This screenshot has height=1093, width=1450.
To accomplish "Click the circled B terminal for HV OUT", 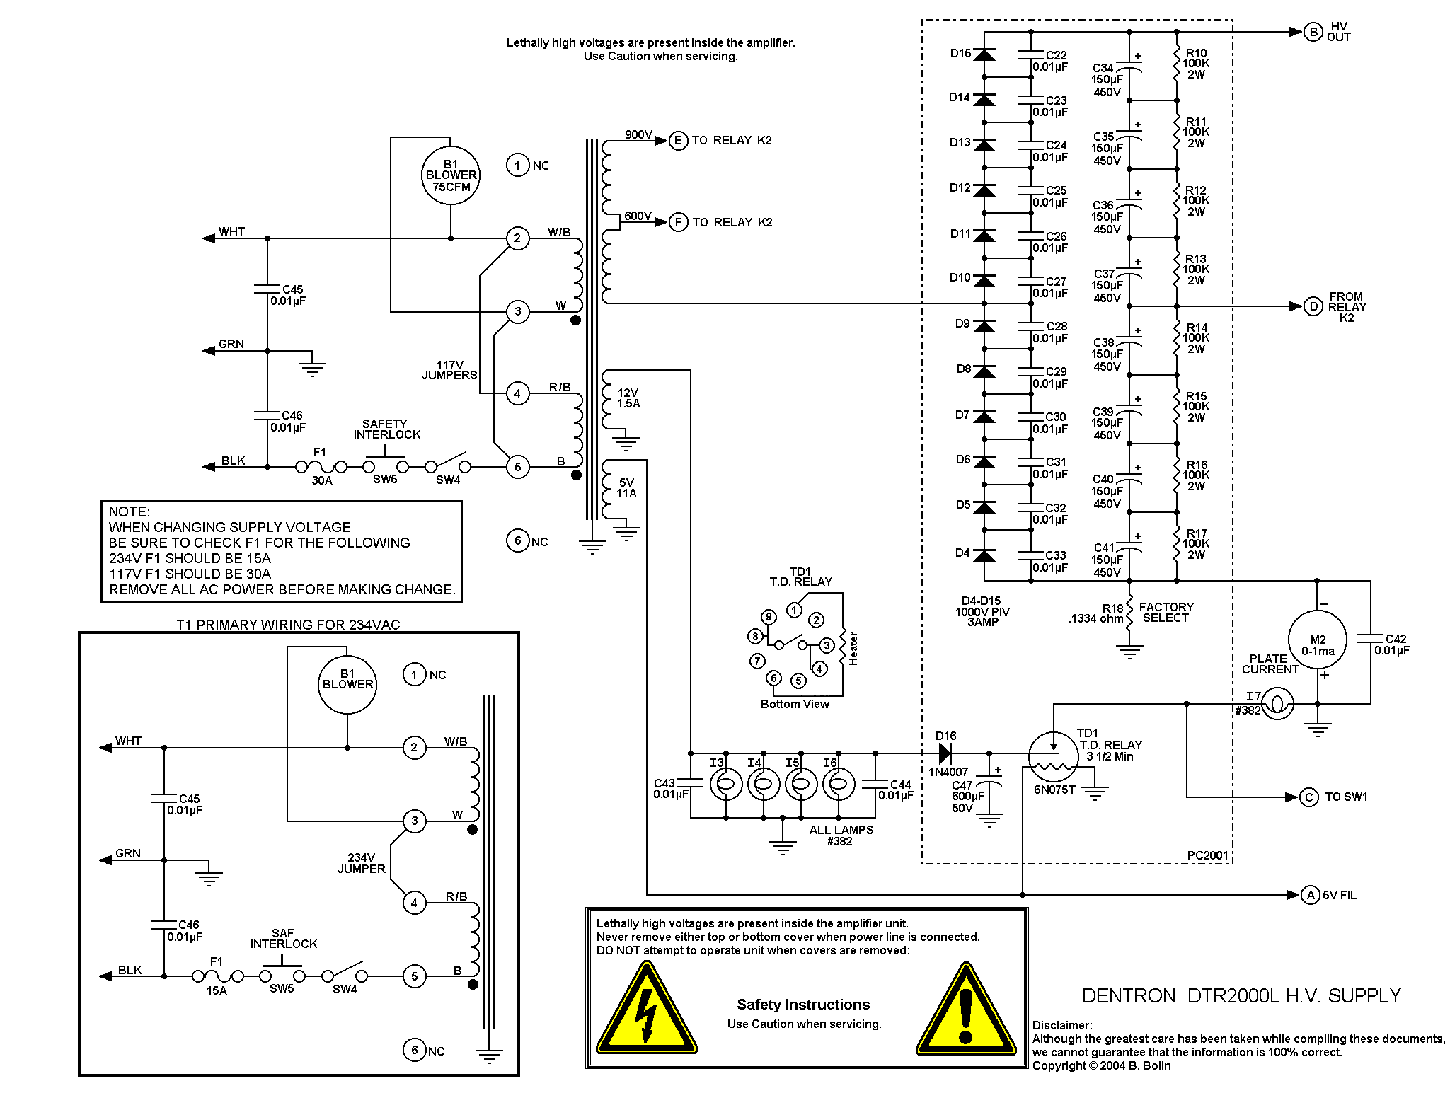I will [1313, 32].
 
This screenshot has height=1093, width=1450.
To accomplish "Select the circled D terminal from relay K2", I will [1313, 306].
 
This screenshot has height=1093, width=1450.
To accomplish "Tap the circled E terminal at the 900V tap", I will [678, 141].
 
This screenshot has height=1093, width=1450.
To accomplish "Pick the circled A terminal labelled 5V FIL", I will [1311, 895].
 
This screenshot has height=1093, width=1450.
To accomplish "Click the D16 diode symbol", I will [944, 753].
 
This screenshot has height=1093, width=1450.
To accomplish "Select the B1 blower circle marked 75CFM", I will [451, 175].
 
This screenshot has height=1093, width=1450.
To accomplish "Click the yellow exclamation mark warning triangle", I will [966, 1010].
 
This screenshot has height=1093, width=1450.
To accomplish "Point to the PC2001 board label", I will [1207, 855].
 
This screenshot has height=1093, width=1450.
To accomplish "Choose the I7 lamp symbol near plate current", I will [1278, 704].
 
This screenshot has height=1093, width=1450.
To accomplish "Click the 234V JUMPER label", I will [361, 863].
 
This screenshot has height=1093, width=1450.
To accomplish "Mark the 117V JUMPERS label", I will [449, 370].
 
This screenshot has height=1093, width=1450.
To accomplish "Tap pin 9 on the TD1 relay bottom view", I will [769, 617].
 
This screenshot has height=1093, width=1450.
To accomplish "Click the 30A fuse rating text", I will [322, 481].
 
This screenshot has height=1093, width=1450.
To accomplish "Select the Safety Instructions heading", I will [803, 1005].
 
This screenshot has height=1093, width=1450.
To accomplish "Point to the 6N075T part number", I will [1054, 790].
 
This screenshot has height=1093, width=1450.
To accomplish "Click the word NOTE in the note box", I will [129, 511].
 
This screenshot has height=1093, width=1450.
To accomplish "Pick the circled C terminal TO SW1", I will [1309, 797].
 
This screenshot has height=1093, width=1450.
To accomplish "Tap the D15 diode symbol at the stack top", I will [984, 54].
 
